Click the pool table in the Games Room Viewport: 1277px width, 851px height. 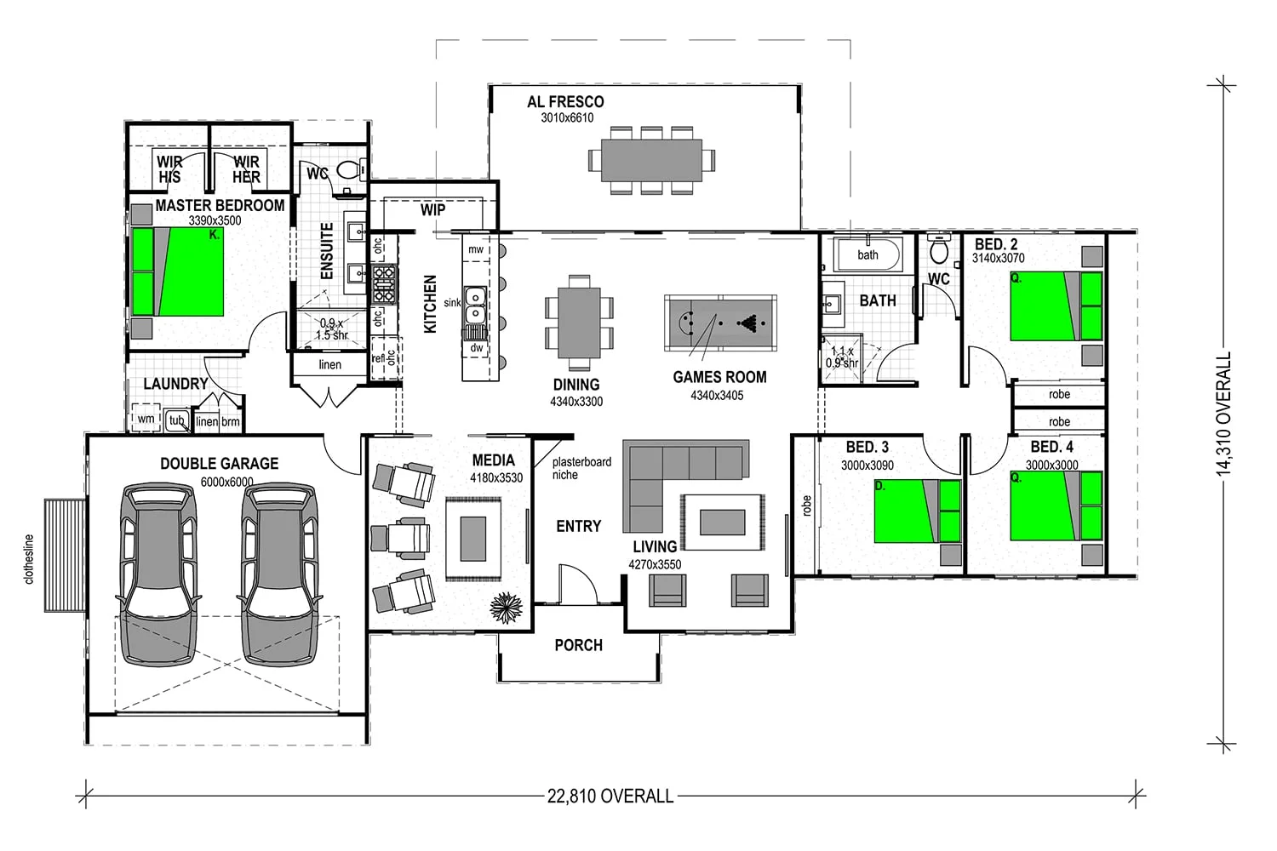pos(720,323)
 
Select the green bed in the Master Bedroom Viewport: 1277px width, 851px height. pos(177,271)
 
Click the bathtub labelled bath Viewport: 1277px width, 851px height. pos(868,254)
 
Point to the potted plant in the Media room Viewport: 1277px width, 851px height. pos(506,608)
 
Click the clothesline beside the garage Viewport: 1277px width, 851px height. pos(66,555)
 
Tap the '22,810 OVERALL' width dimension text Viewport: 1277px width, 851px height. pos(610,796)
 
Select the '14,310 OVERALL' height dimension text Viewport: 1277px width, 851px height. pos(1223,414)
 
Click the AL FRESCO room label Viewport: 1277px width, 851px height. pos(565,102)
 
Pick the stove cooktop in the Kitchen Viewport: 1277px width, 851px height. pos(384,283)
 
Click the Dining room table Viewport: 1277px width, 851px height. pos(579,322)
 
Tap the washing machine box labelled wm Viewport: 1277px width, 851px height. pos(146,419)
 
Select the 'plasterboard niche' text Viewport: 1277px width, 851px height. pos(581,468)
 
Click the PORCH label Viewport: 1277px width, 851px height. pos(579,645)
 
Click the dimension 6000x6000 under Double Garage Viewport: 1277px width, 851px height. pos(226,483)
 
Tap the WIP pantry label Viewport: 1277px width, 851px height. pos(432,209)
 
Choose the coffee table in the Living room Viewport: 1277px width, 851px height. pos(722,523)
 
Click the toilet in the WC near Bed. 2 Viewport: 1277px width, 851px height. pos(938,248)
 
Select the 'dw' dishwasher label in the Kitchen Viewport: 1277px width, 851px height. pos(477,348)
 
